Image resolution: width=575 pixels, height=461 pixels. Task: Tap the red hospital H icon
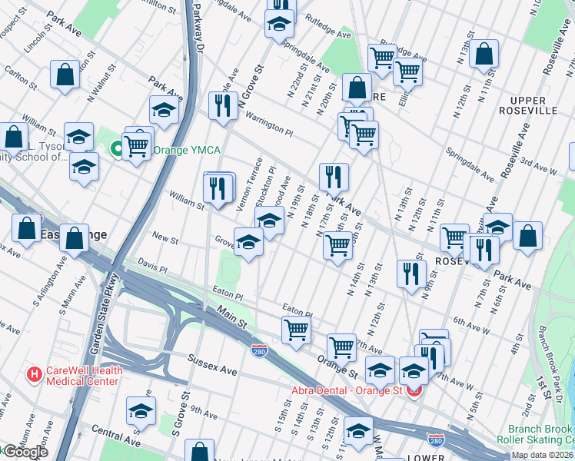[34, 375]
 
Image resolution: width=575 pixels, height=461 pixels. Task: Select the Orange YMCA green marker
[118, 149]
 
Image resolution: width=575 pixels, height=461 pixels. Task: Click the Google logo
[25, 452]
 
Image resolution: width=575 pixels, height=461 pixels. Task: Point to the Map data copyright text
[542, 455]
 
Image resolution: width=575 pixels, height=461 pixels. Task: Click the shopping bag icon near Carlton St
[65, 75]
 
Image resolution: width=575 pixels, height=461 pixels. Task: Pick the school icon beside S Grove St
[141, 411]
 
